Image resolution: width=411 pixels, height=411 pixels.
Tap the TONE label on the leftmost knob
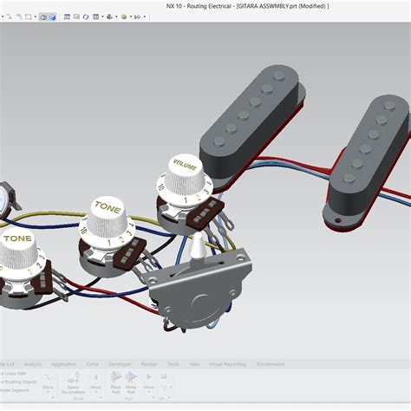coord(18,237)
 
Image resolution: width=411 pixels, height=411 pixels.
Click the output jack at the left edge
coord(7,198)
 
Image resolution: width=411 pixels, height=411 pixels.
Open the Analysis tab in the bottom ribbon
coord(33,364)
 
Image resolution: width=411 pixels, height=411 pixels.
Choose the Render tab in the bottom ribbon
coord(149,364)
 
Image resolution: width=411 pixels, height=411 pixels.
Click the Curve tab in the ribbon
coord(92,364)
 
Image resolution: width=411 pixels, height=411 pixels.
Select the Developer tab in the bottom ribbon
coord(120,364)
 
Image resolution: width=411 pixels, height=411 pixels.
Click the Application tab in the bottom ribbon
coord(63,364)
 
